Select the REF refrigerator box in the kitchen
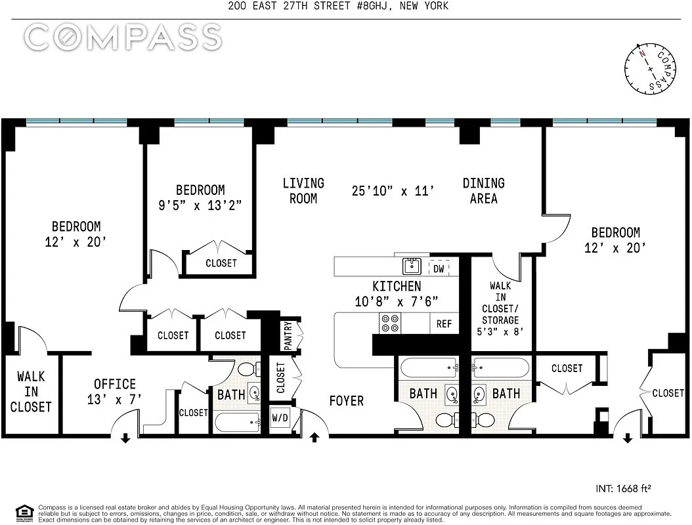point(444,324)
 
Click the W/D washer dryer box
point(280,417)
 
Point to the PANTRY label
point(288,335)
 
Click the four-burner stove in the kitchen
point(390,324)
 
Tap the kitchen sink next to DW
point(412,266)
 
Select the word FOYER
point(346,400)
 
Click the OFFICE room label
point(115,385)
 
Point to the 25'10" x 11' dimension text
point(393,191)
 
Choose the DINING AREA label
point(483,190)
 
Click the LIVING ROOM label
point(303,190)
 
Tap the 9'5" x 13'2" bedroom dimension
point(200,205)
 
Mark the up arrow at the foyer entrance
point(314,438)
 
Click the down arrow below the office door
point(125,438)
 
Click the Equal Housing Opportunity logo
point(24,513)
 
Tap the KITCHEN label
point(397,287)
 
